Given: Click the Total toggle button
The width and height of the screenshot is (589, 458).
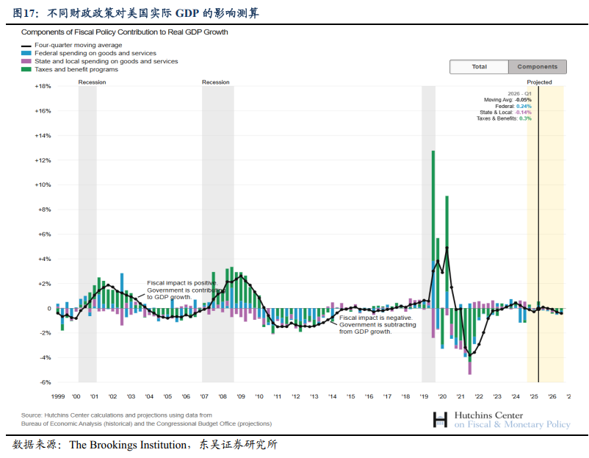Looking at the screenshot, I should click(x=479, y=67).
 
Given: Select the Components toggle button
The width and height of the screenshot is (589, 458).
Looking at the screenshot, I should click(x=537, y=67).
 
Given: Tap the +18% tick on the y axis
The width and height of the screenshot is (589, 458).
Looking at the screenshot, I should click(x=43, y=86).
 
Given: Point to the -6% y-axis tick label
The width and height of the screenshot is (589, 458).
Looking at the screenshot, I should click(x=44, y=382).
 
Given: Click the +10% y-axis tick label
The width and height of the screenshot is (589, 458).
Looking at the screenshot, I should click(x=43, y=185).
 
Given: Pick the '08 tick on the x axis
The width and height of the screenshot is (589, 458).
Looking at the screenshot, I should click(x=223, y=396).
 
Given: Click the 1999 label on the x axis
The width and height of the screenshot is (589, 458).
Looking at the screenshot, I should click(x=59, y=396).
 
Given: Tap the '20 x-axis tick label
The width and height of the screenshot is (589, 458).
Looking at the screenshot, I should click(x=442, y=396).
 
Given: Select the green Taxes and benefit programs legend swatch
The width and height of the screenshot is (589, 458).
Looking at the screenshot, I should click(x=26, y=70).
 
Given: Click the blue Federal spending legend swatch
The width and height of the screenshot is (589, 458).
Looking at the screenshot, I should click(x=26, y=54).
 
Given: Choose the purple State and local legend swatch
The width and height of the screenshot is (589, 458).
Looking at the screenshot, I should click(x=26, y=62).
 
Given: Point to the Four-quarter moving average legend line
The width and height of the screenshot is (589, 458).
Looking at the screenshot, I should click(x=26, y=46).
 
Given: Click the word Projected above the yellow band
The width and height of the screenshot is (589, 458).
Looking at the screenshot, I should click(x=539, y=82).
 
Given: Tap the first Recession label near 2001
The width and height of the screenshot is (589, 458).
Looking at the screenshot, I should click(x=92, y=82).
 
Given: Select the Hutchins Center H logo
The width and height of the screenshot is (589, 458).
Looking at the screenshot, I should click(x=440, y=420).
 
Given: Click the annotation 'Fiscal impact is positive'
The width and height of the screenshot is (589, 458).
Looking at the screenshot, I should click(x=181, y=283).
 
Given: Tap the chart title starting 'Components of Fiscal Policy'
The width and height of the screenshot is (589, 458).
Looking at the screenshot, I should click(x=124, y=32).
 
